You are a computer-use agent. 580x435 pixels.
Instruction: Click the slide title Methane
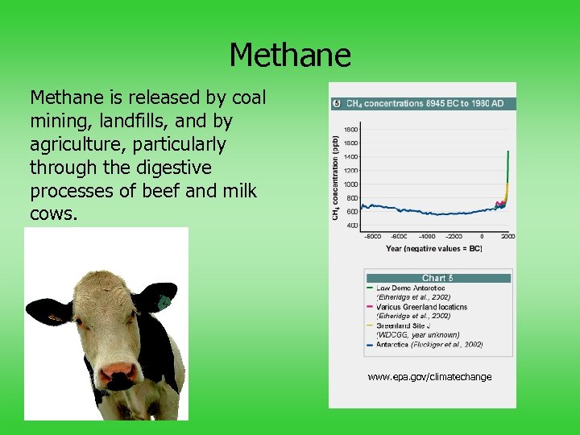pos(290,56)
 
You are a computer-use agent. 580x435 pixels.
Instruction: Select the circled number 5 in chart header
pos(337,104)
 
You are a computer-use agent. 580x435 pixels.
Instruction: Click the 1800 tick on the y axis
pos(352,129)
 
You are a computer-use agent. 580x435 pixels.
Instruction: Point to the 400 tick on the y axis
pos(353,226)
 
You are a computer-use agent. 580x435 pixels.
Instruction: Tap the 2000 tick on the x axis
pos(507,237)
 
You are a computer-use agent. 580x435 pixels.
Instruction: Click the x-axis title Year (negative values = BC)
pos(433,248)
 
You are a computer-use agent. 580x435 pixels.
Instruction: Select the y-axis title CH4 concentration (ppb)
pos(336,177)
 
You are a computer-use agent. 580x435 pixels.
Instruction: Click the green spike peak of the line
pos(507,151)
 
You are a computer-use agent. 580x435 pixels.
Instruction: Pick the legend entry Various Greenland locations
pos(420,307)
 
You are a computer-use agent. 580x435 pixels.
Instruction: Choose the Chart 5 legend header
pos(437,278)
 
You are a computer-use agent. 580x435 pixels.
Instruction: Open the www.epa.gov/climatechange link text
pos(429,377)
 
